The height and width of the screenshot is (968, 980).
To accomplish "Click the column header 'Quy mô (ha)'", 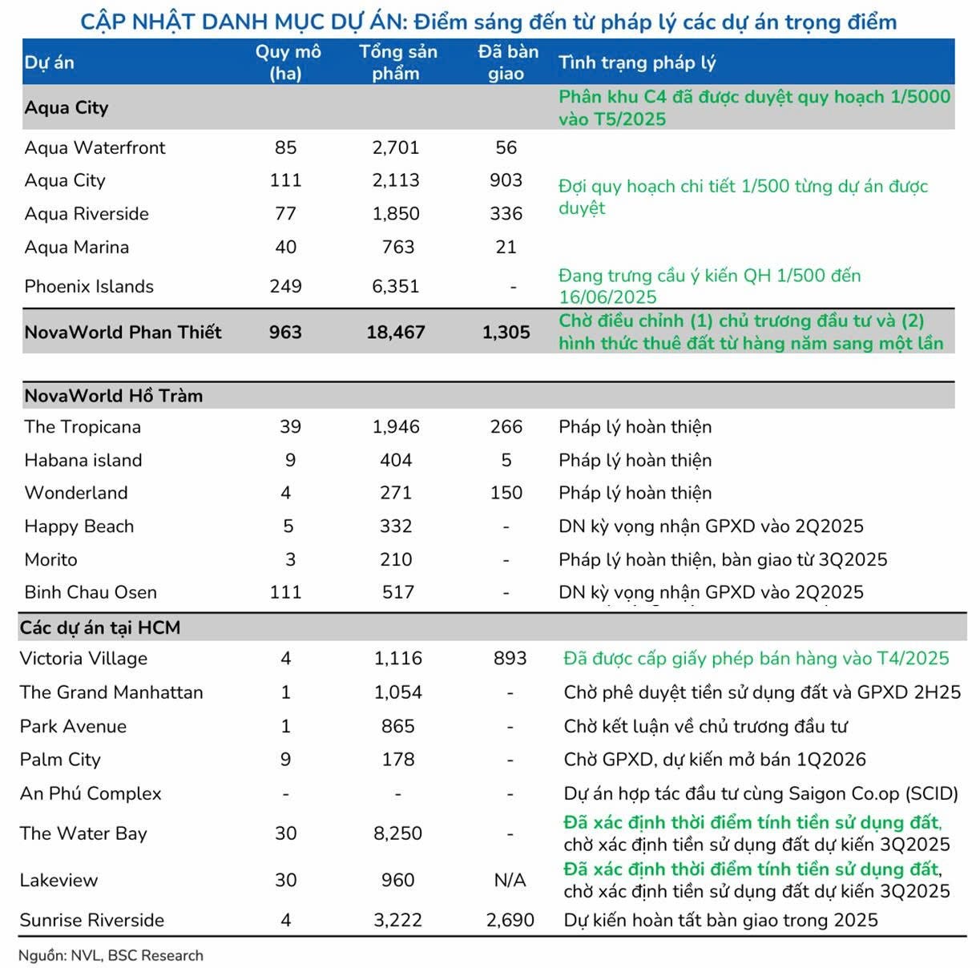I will point(288,63).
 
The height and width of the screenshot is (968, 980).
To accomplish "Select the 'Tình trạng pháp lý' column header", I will point(637,63).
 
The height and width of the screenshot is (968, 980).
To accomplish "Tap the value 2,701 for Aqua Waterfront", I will point(396,147).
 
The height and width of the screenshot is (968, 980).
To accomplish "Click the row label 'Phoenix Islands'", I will point(89,286).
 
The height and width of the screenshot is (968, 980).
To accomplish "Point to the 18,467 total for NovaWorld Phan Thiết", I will point(396,332).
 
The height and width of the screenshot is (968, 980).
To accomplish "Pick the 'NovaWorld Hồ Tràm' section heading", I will point(114,395).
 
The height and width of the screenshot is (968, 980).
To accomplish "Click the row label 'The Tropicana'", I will point(83,427).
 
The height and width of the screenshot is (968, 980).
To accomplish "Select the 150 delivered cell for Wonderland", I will point(506,493).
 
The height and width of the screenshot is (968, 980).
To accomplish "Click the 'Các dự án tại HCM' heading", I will point(100,627).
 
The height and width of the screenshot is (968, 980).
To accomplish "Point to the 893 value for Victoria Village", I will point(510,659).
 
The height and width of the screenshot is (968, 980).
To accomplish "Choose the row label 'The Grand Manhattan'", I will point(111,692).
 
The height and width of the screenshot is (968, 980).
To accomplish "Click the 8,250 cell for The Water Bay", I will point(398,833).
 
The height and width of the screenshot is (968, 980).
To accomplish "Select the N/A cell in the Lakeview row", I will point(510,880).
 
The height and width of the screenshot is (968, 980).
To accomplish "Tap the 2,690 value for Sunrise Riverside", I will point(510,920).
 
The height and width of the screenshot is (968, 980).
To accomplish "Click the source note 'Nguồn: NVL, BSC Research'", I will point(111,955).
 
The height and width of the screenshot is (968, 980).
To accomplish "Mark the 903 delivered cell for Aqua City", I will point(506,180).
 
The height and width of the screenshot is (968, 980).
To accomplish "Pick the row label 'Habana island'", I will point(83,460).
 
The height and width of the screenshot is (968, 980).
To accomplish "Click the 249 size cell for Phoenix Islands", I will point(286,286).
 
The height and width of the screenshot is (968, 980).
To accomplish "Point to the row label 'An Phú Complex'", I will point(91,793).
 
